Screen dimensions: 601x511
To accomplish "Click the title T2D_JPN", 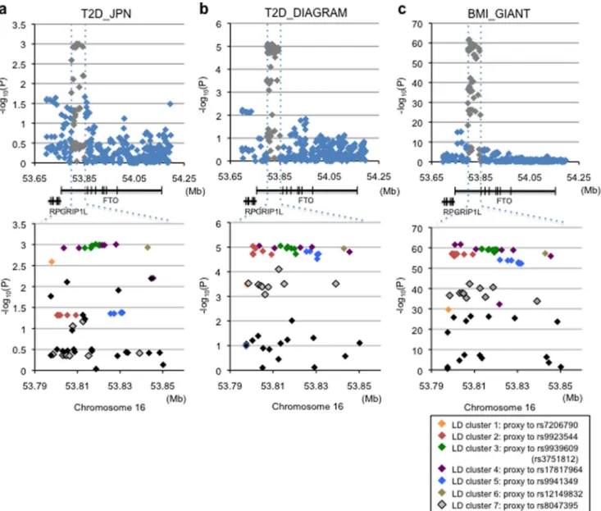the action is pos(106,14).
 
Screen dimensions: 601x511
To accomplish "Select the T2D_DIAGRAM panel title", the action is pos(306,12).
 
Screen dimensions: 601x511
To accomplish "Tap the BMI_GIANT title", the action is pos(499,14).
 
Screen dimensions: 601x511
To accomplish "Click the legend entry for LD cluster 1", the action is pos(508,425).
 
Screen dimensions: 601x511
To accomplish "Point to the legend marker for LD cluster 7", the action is pos(442,505).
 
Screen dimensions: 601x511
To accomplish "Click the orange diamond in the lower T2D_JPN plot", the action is pos(52,262).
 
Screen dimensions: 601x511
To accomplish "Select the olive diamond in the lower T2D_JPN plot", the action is pos(148,247).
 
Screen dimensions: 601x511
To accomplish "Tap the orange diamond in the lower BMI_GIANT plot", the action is pos(448,309).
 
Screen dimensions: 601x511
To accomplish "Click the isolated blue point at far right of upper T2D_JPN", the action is pos(171,104).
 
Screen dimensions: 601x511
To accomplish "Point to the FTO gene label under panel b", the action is pos(306,200).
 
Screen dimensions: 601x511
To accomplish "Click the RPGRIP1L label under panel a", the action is pos(68,212).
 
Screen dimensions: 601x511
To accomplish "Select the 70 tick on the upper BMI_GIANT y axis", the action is pos(417,24).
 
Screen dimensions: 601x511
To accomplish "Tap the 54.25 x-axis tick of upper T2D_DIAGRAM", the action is pos(379,176).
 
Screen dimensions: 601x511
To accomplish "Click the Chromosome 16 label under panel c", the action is pos(499,407).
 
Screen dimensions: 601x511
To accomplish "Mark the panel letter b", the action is pos(204,8).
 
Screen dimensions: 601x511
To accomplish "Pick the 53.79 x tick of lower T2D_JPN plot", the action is pos(35,386).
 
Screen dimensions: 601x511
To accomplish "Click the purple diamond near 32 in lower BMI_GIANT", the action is pos(499,304).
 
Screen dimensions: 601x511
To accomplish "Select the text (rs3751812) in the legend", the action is pos(554,459).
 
